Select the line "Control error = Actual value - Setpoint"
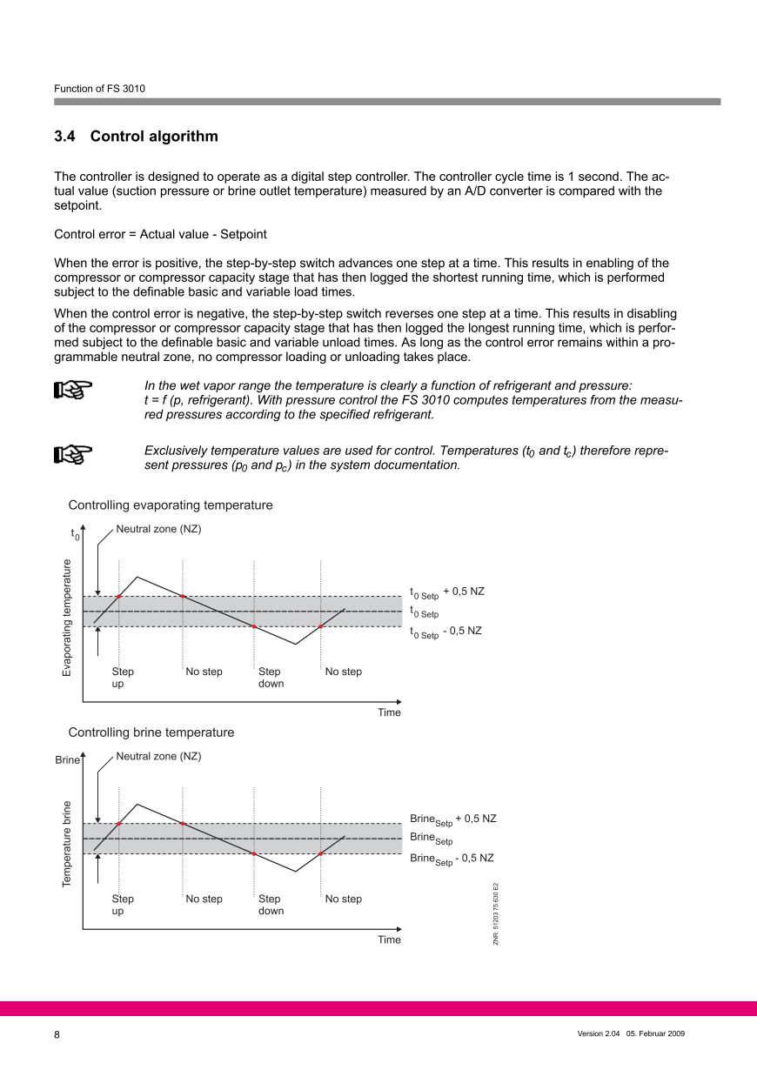pyautogui.click(x=160, y=234)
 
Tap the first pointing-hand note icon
pyautogui.click(x=73, y=391)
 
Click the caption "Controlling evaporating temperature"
pyautogui.click(x=171, y=505)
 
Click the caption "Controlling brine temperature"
pyautogui.click(x=151, y=732)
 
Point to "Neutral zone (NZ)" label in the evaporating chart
pyautogui.click(x=158, y=529)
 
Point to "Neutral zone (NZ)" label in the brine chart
pyautogui.click(x=158, y=756)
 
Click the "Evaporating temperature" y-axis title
pyautogui.click(x=67, y=618)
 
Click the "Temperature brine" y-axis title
pyautogui.click(x=67, y=844)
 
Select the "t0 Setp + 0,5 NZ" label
pyautogui.click(x=446, y=592)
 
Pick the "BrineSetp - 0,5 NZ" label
pyautogui.click(x=452, y=859)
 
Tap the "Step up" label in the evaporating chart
pyautogui.click(x=123, y=678)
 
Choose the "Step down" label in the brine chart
pyautogui.click(x=271, y=905)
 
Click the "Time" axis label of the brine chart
pyautogui.click(x=389, y=940)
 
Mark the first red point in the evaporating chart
pyautogui.click(x=118, y=596)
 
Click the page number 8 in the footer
pyautogui.click(x=57, y=1034)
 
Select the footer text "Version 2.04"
pyautogui.click(x=598, y=1033)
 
